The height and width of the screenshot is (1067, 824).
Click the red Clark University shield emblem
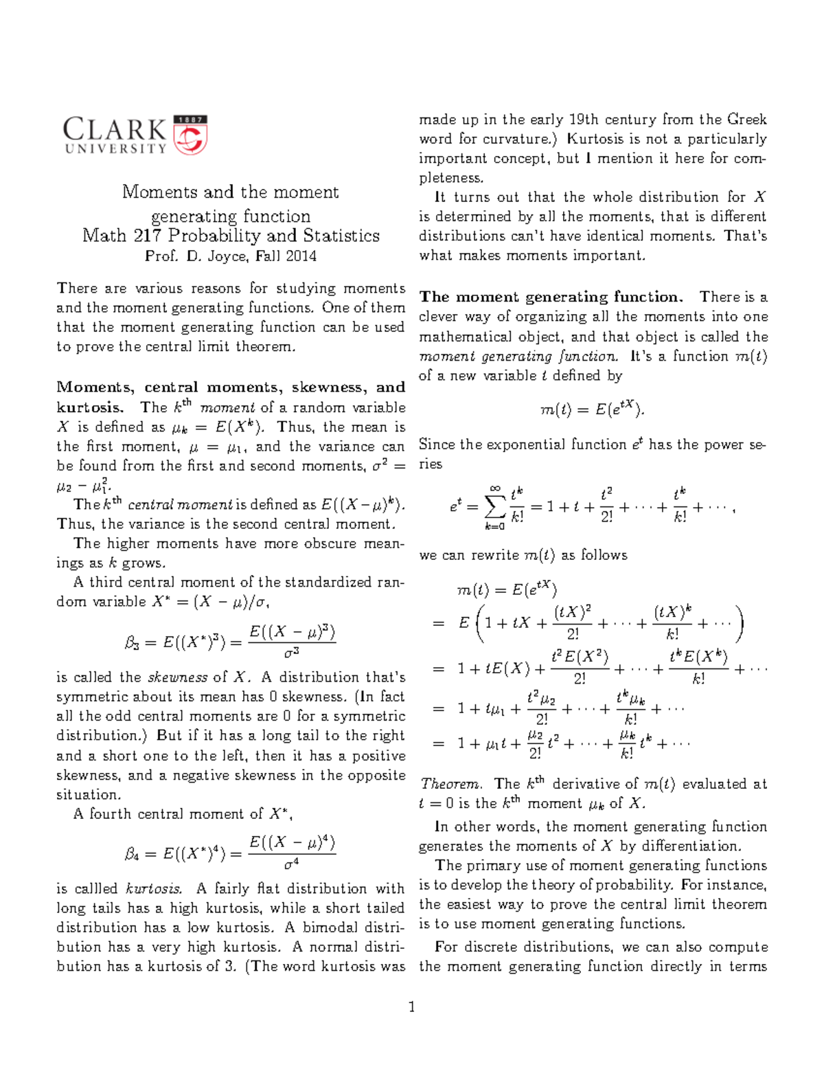click(x=190, y=135)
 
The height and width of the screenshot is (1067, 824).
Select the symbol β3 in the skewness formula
click(x=133, y=643)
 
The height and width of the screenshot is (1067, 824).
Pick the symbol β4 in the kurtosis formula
click(x=133, y=854)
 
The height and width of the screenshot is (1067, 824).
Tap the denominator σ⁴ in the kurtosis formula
click(x=292, y=864)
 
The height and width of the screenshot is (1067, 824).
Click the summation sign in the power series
click(x=494, y=508)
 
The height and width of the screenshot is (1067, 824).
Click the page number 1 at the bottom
click(x=412, y=1008)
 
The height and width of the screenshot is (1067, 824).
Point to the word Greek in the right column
click(x=746, y=120)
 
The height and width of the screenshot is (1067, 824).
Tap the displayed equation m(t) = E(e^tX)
click(x=593, y=410)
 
